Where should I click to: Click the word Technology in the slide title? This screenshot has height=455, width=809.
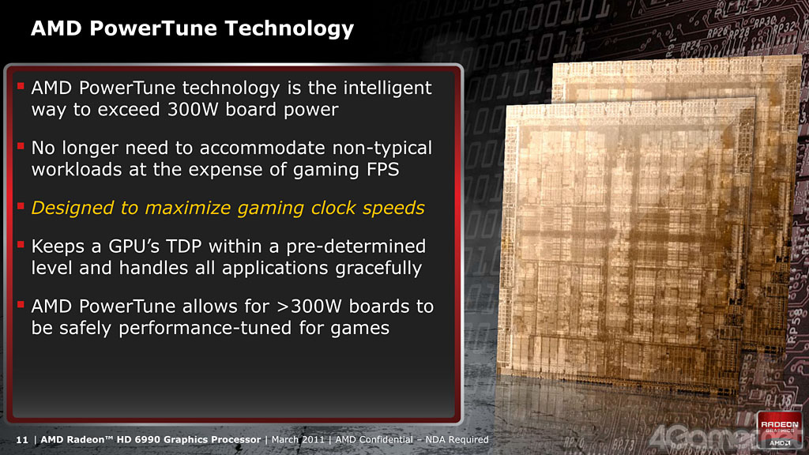[x=289, y=29]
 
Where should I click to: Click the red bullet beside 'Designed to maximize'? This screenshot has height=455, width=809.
[x=21, y=206]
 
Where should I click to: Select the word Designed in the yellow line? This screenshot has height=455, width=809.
[x=72, y=209]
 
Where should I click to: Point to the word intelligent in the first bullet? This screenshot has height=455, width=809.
[x=387, y=88]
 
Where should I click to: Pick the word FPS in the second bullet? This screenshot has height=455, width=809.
[x=383, y=170]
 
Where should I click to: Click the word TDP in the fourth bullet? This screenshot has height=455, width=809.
[x=183, y=246]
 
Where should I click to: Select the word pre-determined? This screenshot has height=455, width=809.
[x=356, y=247]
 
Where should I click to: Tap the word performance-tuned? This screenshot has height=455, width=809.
[x=205, y=329]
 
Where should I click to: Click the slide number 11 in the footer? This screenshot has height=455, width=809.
[x=21, y=440]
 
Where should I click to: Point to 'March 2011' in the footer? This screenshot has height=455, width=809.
[x=298, y=439]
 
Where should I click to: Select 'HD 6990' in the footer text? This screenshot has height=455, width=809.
[x=139, y=439]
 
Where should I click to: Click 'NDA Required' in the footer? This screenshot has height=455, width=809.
[x=457, y=439]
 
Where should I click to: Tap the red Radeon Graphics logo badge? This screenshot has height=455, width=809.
[x=779, y=430]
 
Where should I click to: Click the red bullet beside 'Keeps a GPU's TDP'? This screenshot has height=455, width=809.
[x=21, y=245]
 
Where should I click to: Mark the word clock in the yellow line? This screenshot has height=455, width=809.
[x=333, y=208]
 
